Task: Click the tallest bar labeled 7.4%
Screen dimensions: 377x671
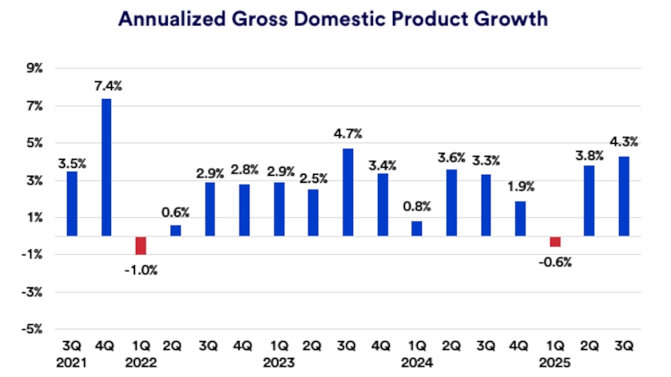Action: pyautogui.click(x=106, y=167)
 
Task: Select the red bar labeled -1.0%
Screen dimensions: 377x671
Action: pyautogui.click(x=141, y=245)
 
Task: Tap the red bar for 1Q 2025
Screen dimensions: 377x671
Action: pyautogui.click(x=555, y=241)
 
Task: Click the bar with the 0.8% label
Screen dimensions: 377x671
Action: pyautogui.click(x=417, y=228)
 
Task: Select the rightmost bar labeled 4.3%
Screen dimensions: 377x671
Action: pyautogui.click(x=624, y=196)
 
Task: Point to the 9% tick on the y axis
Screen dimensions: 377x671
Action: pyautogui.click(x=36, y=69)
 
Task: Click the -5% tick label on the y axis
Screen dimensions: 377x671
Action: pyautogui.click(x=34, y=328)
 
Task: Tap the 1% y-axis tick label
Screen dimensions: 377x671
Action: pyautogui.click(x=36, y=217)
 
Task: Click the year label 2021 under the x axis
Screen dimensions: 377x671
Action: pyautogui.click(x=72, y=362)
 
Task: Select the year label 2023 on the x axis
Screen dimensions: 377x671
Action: pyautogui.click(x=279, y=362)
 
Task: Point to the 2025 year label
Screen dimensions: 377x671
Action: pyautogui.click(x=555, y=362)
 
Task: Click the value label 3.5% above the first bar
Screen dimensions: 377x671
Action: pyautogui.click(x=72, y=164)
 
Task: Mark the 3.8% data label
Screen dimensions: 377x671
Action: pyautogui.click(x=590, y=157)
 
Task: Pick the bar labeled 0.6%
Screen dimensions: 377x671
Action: pyautogui.click(x=176, y=230)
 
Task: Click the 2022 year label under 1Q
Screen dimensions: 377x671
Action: pyautogui.click(x=141, y=362)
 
